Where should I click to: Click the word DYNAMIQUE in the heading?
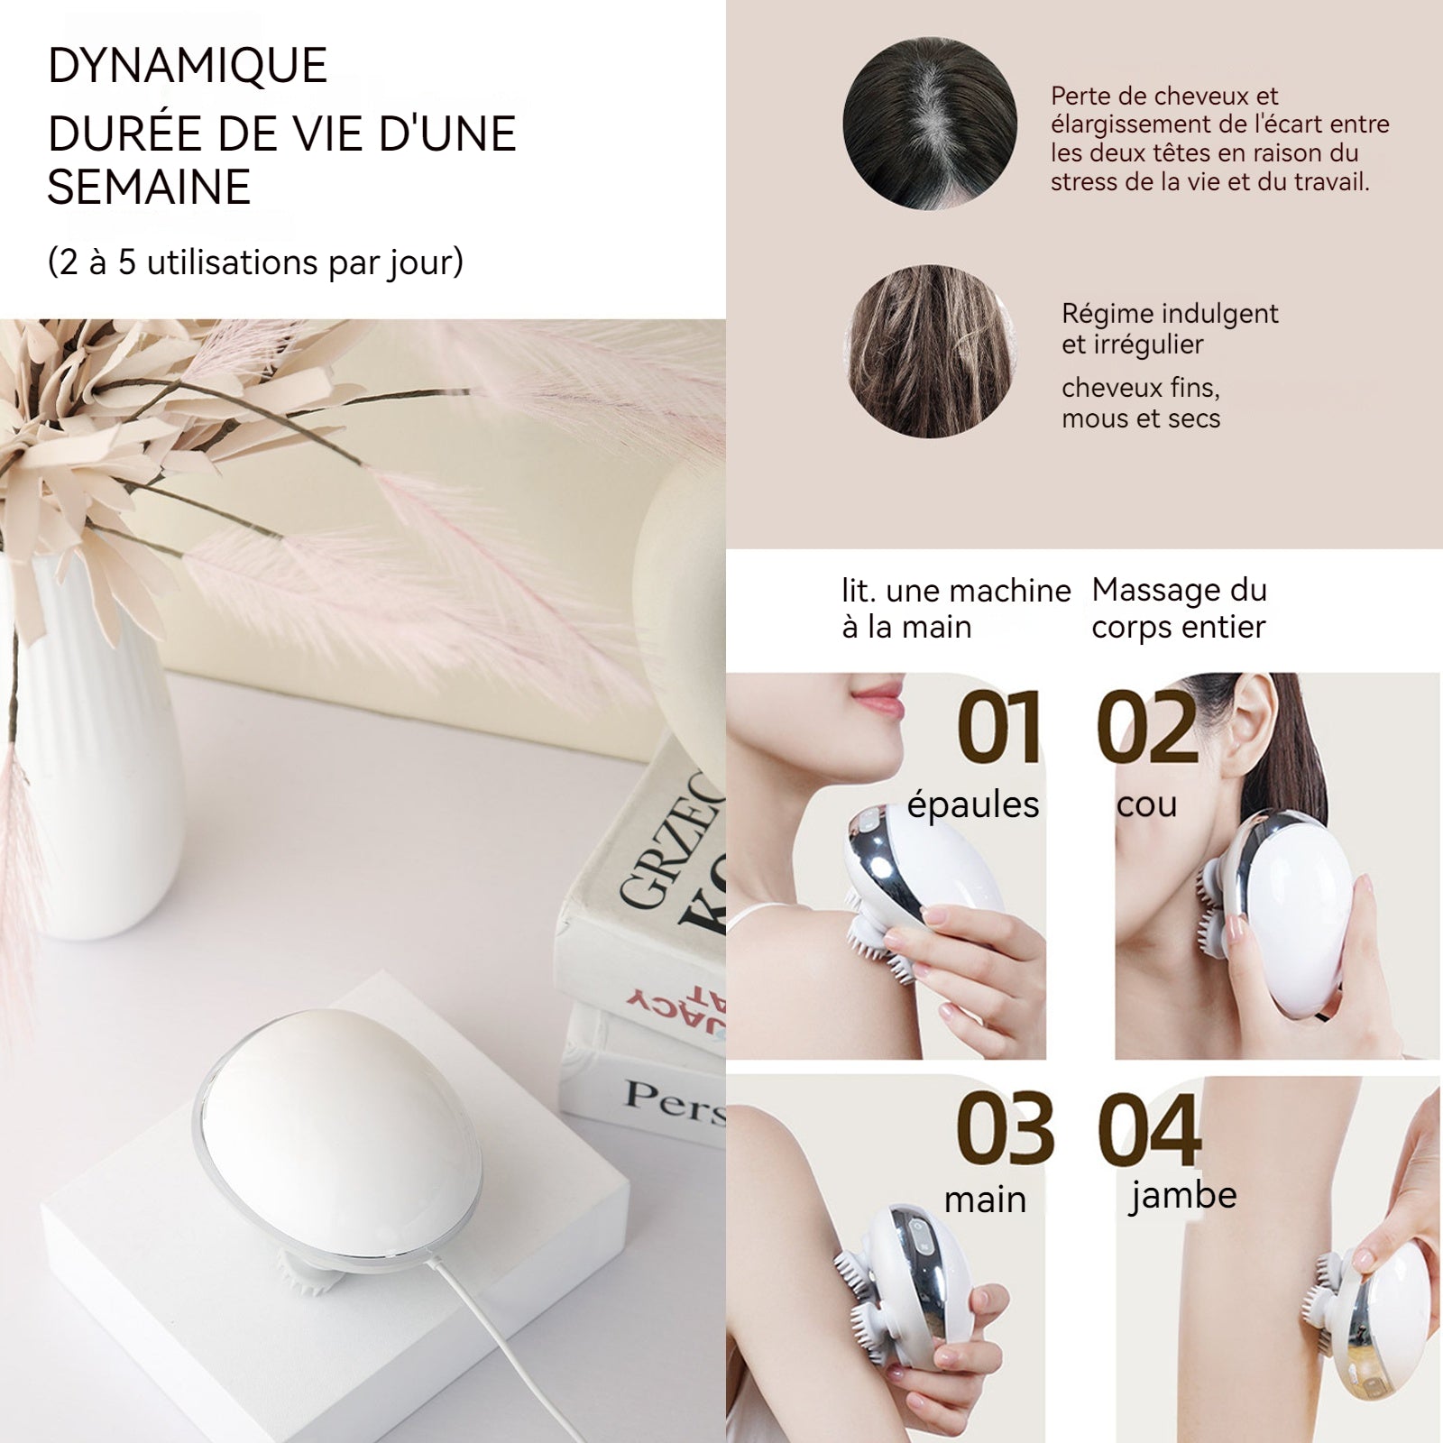tap(187, 66)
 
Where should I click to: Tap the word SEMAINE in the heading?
tap(149, 188)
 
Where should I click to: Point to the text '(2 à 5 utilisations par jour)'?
tap(255, 262)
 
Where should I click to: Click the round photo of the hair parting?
tap(930, 124)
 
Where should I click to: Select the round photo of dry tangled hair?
tap(930, 351)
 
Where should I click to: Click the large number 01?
tap(999, 728)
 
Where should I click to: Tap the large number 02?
tap(1147, 728)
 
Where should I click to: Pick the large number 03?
tap(1004, 1129)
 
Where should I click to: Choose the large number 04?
tap(1150, 1129)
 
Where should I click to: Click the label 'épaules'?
tap(973, 804)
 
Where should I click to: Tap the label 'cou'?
tap(1146, 804)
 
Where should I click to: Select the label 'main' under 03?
tap(985, 1200)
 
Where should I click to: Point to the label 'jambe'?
tap(1182, 1197)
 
